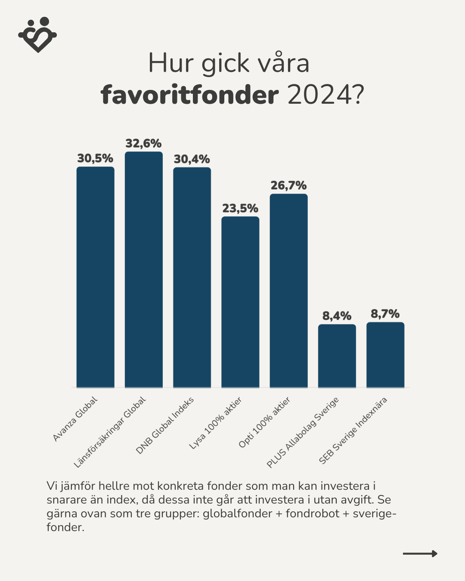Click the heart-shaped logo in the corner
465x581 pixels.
37,35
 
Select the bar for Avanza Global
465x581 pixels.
95,277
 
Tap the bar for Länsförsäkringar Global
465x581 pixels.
144,269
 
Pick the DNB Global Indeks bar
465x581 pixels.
192,278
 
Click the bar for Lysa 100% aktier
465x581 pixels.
240,302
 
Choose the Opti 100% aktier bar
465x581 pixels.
288,291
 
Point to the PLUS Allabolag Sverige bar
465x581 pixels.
337,356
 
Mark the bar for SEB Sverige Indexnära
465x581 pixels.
385,355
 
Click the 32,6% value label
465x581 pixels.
143,143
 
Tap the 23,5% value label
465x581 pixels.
240,208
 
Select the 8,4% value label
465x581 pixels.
337,316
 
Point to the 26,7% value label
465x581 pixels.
288,185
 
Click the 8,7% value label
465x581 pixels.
385,314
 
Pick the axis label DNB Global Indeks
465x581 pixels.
165,425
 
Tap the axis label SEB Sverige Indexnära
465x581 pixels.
353,430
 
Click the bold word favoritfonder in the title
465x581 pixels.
190,95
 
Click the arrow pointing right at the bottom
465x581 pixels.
420,553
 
